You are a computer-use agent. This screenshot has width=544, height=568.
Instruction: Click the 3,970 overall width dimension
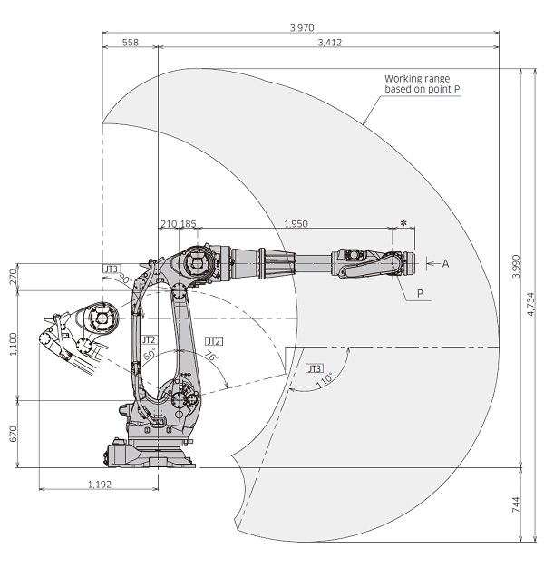301,28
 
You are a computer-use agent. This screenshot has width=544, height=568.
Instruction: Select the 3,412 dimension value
329,43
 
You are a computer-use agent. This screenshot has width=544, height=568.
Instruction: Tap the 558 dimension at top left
130,43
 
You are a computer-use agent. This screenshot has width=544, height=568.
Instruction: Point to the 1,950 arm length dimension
296,223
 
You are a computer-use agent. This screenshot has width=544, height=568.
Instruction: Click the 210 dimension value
168,223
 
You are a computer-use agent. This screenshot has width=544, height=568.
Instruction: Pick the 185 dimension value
188,223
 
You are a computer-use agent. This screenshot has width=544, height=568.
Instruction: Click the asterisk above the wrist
403,222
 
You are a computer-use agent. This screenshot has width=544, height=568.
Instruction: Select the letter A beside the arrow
445,263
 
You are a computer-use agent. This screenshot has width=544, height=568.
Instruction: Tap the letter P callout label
420,293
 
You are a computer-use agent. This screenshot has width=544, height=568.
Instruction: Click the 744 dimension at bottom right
515,505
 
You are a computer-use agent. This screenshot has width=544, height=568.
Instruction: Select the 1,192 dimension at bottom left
99,484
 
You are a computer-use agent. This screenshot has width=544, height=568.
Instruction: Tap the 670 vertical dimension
12,434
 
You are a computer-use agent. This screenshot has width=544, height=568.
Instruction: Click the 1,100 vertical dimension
12,345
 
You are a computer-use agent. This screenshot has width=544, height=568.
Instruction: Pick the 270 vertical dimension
12,277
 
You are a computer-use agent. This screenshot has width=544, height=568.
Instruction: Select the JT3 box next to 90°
111,269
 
